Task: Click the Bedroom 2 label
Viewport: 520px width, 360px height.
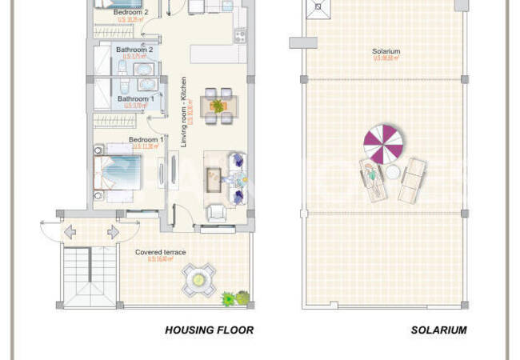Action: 131,13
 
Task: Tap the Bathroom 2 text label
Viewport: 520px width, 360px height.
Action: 134,50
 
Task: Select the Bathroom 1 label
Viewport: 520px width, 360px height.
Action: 135,98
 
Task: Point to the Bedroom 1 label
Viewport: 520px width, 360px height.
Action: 146,139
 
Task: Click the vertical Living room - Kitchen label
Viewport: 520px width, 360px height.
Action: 183,111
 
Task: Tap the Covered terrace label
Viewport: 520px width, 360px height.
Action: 160,252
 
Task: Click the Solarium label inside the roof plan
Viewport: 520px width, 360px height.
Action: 386,52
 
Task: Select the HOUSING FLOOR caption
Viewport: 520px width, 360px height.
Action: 209,330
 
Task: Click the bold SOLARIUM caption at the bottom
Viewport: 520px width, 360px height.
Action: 438,330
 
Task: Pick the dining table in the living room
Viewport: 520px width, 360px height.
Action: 218,106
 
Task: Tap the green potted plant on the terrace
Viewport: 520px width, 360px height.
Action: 230,299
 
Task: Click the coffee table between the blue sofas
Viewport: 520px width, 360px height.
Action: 213,180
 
